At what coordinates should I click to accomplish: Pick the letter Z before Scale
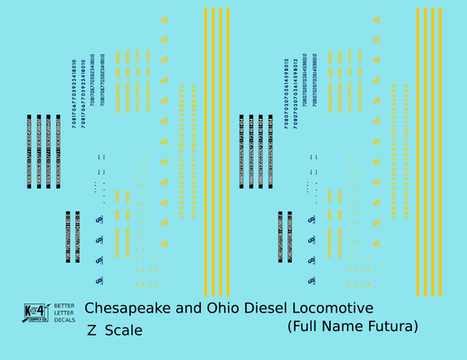[x=92, y=330]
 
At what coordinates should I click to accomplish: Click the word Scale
[x=122, y=330]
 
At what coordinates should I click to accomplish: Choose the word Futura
[x=392, y=326]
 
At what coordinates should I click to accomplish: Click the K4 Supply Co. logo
[x=36, y=311]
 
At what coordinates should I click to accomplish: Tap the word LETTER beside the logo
[x=64, y=311]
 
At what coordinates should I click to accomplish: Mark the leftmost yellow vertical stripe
[x=205, y=152]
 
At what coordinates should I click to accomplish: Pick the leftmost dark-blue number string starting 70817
[x=73, y=93]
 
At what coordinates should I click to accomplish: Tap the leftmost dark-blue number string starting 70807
[x=286, y=93]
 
